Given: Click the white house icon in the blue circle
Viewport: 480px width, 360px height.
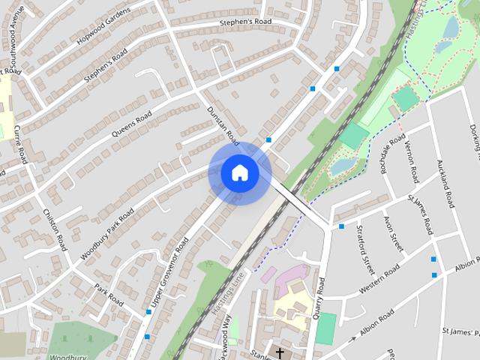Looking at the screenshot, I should pyautogui.click(x=239, y=173).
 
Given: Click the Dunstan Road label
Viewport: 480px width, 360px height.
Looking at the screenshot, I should pyautogui.click(x=223, y=124).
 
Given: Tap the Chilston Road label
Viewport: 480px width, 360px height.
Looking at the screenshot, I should pyautogui.click(x=54, y=230).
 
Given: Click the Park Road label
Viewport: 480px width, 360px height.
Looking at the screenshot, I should pyautogui.click(x=109, y=293).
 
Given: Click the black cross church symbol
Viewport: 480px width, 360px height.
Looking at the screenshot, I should pyautogui.click(x=280, y=352).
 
